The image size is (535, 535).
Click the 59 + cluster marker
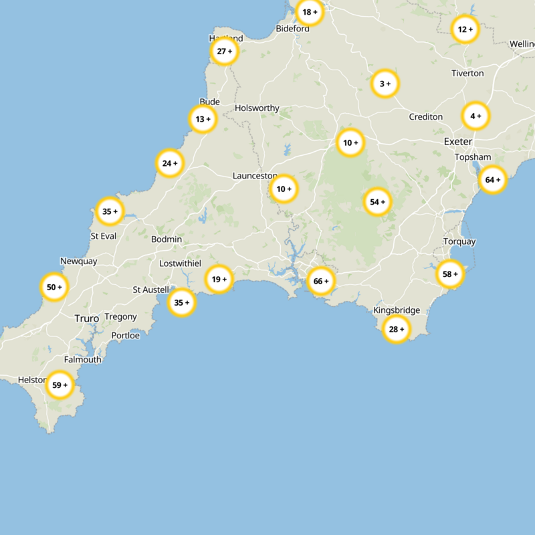tap(60, 385)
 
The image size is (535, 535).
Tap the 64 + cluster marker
tap(493, 179)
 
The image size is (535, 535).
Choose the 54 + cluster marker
tap(378, 202)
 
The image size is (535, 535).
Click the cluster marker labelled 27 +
tap(225, 51)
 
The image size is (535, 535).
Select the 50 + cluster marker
tap(54, 287)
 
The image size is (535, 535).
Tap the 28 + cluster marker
tap(397, 329)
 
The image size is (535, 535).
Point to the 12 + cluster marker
tap(465, 29)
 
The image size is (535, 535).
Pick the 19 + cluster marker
tap(219, 279)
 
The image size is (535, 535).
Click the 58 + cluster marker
tap(451, 274)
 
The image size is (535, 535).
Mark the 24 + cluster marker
tap(170, 163)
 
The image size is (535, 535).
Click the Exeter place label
tap(458, 142)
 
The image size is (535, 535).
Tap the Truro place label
tap(86, 319)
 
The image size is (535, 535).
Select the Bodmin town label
tap(167, 239)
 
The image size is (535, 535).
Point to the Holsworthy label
tap(257, 108)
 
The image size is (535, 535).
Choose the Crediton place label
tap(426, 117)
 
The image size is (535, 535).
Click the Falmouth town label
tap(83, 359)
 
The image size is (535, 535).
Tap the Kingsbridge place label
tap(397, 310)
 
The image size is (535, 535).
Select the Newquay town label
tap(78, 261)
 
